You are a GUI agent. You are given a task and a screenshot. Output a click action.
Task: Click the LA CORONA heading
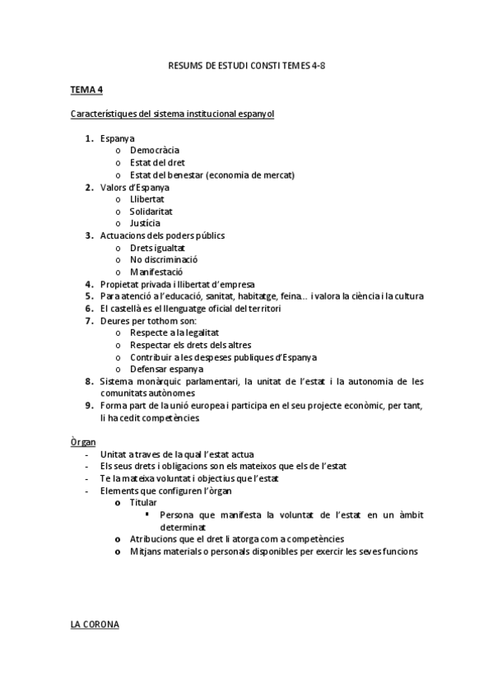pyautogui.click(x=95, y=625)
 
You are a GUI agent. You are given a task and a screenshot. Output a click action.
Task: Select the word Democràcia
pyautogui.click(x=154, y=150)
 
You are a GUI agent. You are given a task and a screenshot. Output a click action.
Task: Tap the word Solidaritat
pyautogui.click(x=151, y=211)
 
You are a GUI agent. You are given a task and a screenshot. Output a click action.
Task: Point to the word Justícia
pyautogui.click(x=145, y=223)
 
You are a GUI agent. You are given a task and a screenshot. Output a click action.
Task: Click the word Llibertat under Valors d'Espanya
pyautogui.click(x=147, y=199)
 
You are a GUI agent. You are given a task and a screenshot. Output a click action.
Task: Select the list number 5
pyautogui.click(x=89, y=295)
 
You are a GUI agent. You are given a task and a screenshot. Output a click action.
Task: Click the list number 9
pyautogui.click(x=89, y=406)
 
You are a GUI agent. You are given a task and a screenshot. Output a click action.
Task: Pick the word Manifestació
pyautogui.click(x=156, y=272)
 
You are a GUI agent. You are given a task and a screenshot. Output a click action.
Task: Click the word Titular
pyautogui.click(x=143, y=502)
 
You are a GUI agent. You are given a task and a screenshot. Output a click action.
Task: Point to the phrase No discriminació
pyautogui.click(x=163, y=259)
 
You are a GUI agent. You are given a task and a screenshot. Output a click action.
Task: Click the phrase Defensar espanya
pyautogui.click(x=166, y=369)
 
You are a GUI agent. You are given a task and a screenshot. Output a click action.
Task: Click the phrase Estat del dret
pyautogui.click(x=157, y=162)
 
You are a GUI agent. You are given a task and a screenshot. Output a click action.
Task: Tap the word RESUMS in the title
pyautogui.click(x=185, y=63)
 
